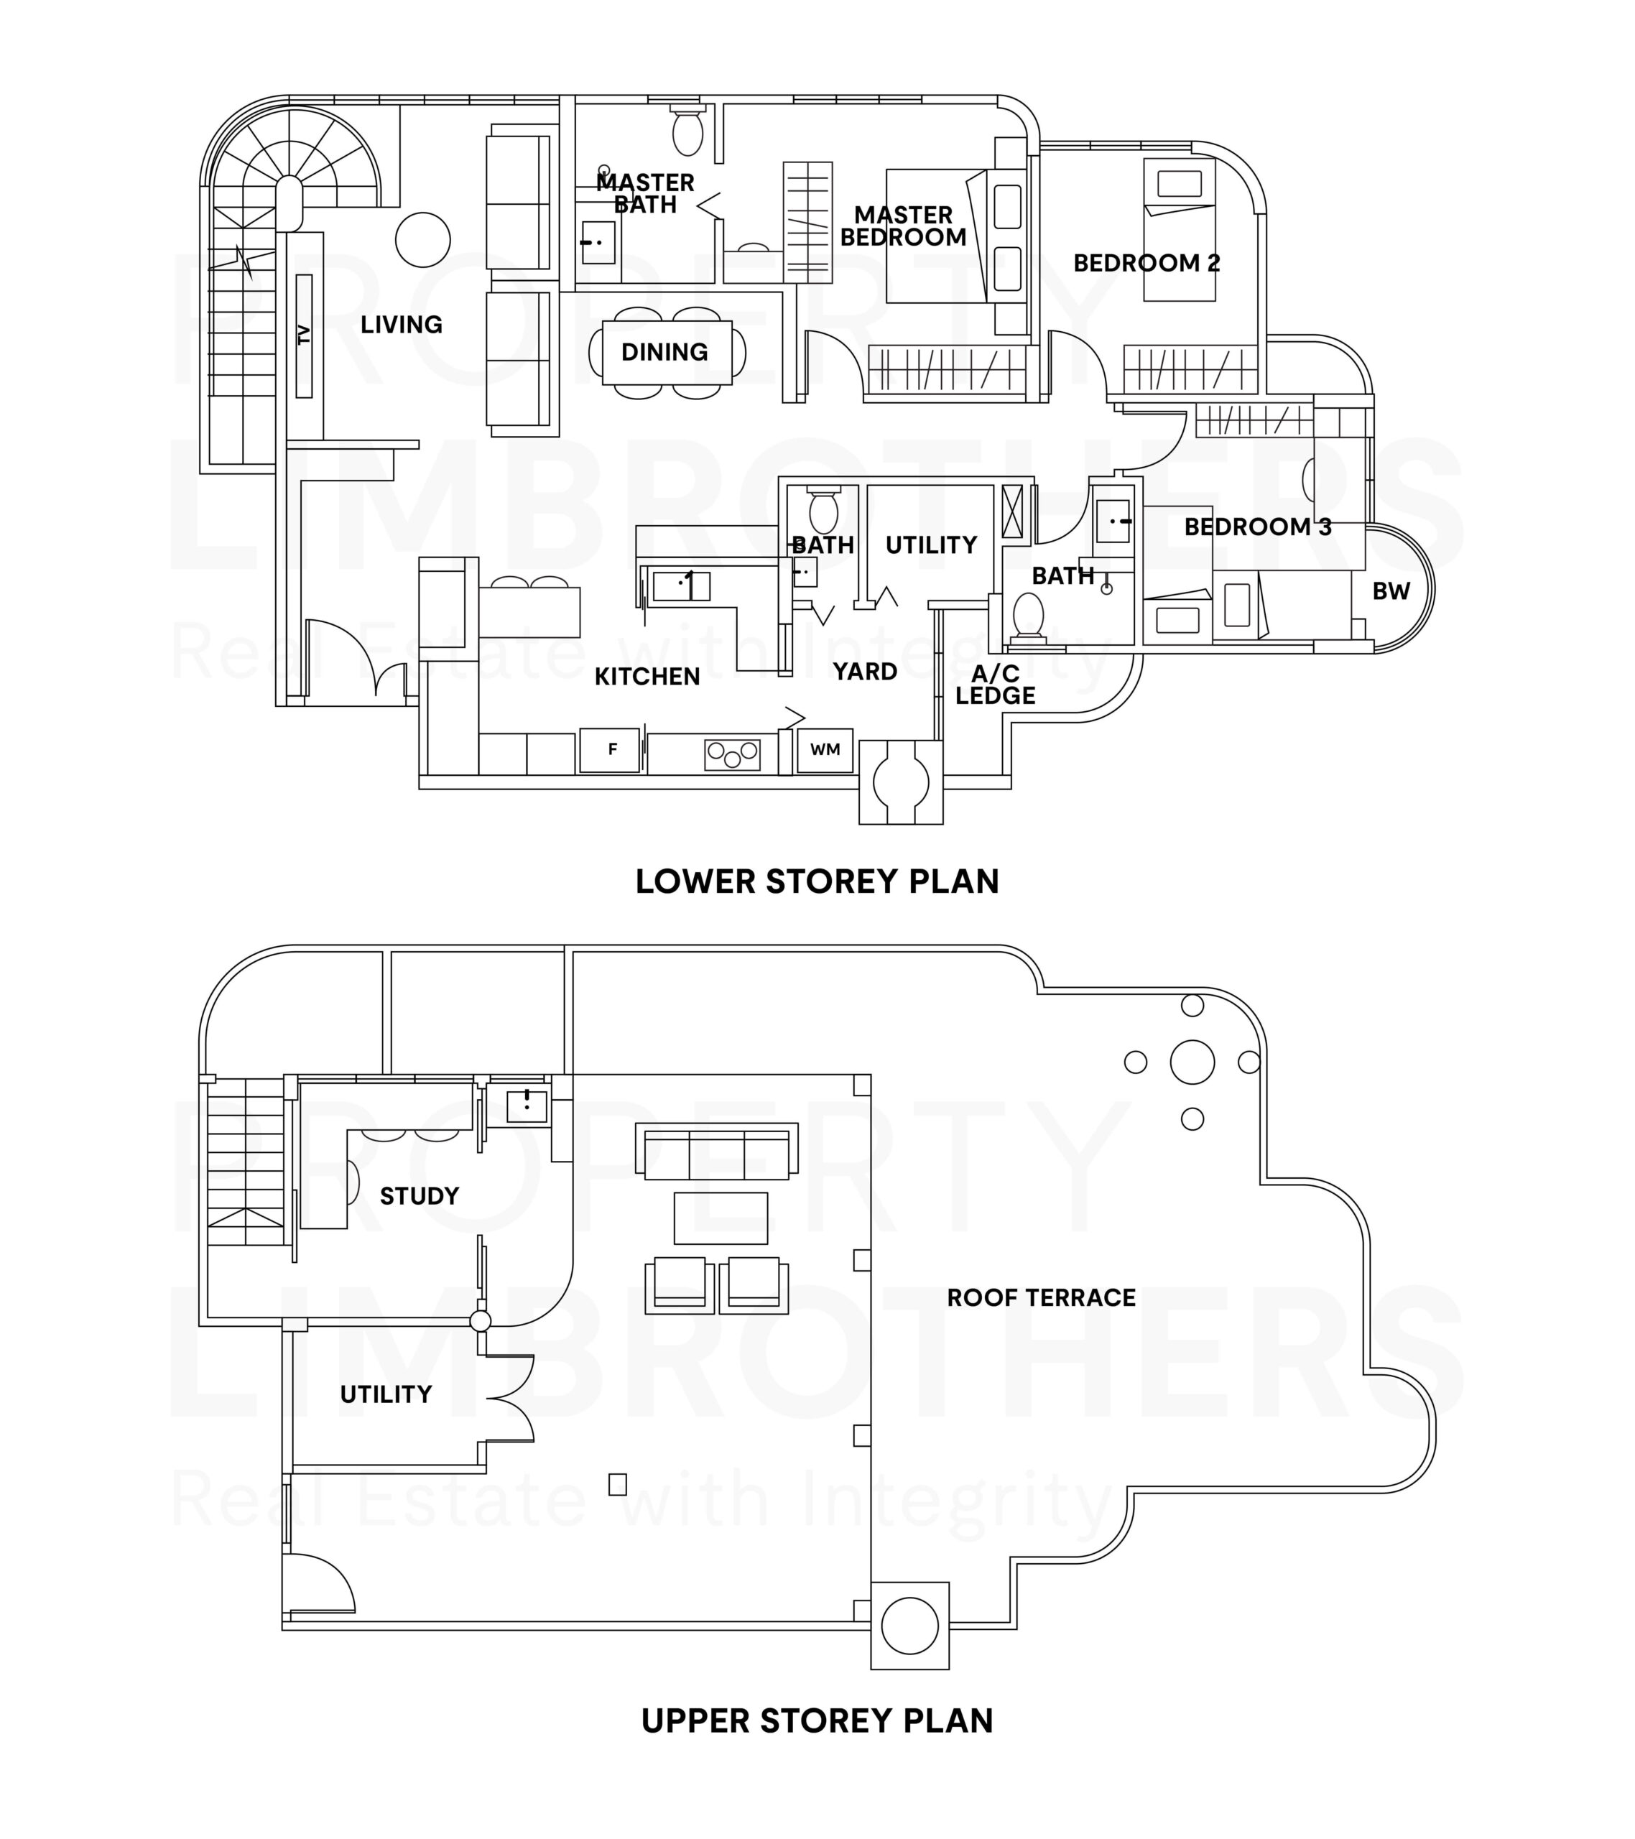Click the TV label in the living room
tap(303, 335)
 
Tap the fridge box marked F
tap(609, 749)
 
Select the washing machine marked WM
tap(824, 749)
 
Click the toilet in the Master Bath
tap(687, 131)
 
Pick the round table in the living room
tap(423, 239)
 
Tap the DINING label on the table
tap(665, 352)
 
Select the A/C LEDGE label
tap(995, 685)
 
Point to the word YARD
tap(865, 671)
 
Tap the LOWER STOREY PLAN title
tap(817, 881)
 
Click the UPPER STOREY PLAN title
tap(817, 1721)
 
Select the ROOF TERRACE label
tap(1041, 1297)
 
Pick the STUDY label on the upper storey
tap(420, 1196)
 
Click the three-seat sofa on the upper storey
tap(716, 1151)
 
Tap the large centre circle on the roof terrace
tap(1192, 1062)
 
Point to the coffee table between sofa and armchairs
tap(721, 1218)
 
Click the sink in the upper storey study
tap(527, 1105)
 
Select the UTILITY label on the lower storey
tap(930, 545)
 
